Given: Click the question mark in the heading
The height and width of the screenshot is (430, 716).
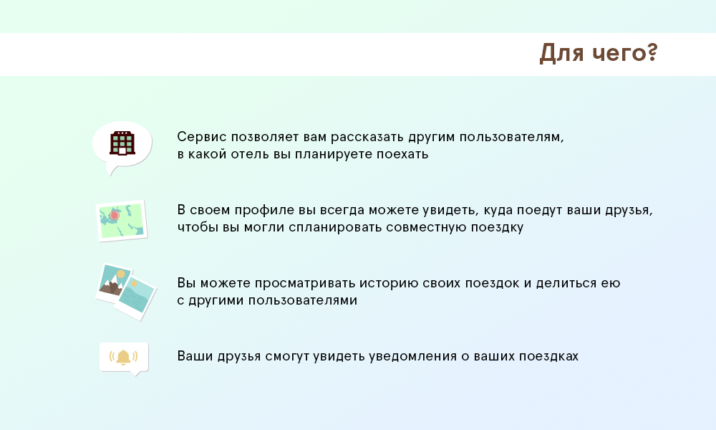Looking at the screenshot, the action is click(652, 52).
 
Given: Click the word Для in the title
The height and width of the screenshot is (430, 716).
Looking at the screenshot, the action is click(561, 53).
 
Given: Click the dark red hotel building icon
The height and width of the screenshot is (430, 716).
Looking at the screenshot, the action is click(122, 143).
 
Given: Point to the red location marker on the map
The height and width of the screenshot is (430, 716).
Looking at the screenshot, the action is click(115, 215).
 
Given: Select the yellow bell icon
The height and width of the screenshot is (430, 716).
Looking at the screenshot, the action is click(123, 357).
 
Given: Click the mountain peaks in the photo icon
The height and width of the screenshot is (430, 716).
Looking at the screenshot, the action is click(111, 287).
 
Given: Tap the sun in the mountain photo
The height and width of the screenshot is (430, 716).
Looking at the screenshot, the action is click(120, 274).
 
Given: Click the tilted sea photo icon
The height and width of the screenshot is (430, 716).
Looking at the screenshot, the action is click(136, 296).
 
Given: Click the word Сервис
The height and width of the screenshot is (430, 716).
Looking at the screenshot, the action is click(202, 137).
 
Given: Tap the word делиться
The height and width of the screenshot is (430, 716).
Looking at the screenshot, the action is click(566, 284).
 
